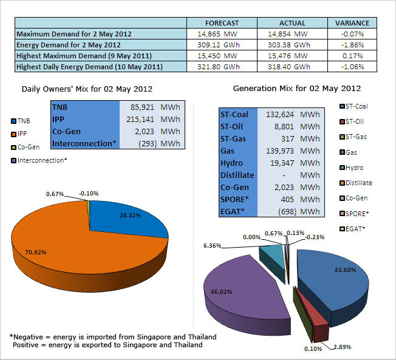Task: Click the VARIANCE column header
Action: [x=352, y=23]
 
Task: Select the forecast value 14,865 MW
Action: [x=217, y=34]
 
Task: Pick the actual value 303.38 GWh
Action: [x=288, y=45]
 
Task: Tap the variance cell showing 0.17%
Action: [x=352, y=56]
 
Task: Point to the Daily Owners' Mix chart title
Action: [x=87, y=89]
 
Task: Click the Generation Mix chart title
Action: [x=297, y=89]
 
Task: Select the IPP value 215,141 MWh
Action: [x=153, y=119]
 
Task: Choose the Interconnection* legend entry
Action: [x=39, y=160]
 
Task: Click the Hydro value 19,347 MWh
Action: [x=295, y=163]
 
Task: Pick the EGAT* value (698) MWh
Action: [x=299, y=211]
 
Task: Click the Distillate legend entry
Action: [x=356, y=183]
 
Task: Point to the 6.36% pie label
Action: [x=212, y=246]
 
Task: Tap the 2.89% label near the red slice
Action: [x=342, y=347]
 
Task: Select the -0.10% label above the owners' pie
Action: [x=89, y=194]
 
